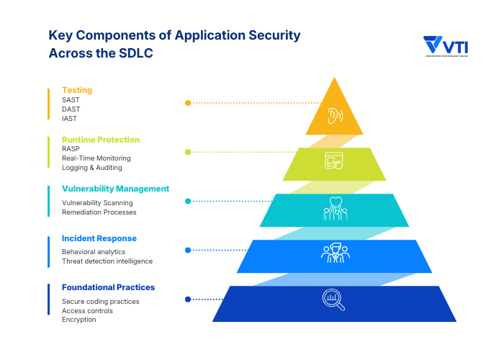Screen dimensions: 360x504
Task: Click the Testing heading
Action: click(77, 90)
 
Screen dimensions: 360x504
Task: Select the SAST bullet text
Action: click(71, 100)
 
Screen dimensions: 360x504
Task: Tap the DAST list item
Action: click(71, 109)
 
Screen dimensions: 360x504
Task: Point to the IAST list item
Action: click(70, 119)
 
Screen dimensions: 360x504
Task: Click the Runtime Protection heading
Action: click(101, 139)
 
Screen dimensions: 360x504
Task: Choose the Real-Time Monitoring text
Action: click(96, 158)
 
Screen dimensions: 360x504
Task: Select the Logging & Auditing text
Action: click(91, 167)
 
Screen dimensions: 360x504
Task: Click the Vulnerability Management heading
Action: click(115, 189)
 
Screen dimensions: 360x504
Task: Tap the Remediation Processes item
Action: click(99, 212)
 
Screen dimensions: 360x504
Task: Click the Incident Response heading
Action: click(99, 238)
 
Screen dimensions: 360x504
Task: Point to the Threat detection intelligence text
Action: click(107, 261)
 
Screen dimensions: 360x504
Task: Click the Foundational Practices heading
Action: click(108, 287)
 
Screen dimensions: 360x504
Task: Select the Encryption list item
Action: click(78, 320)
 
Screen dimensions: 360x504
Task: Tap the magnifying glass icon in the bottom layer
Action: click(333, 300)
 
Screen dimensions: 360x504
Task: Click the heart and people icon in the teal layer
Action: click(334, 208)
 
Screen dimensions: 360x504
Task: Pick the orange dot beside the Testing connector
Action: click(188, 103)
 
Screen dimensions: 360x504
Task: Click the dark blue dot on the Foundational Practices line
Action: click(188, 300)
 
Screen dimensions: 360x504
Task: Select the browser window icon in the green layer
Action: click(333, 161)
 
